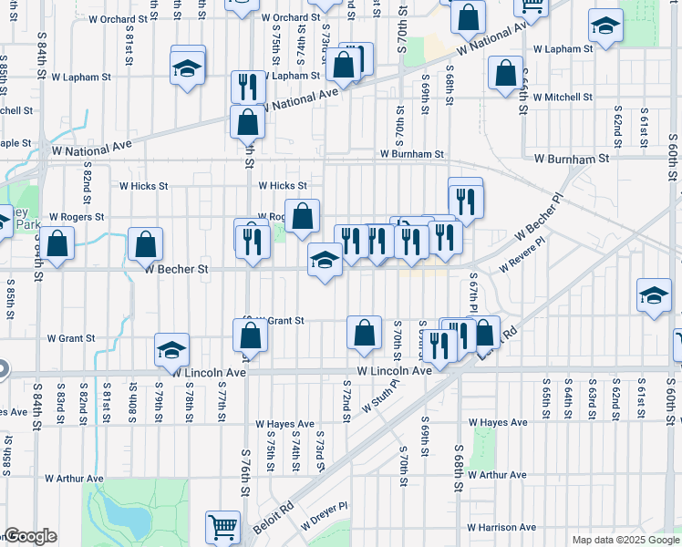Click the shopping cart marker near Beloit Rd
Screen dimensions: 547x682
pos(223,526)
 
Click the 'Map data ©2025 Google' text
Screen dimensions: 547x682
pos(625,540)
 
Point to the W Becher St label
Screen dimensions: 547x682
pos(177,269)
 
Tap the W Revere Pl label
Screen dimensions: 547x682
pos(522,256)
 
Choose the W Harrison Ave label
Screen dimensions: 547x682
pos(501,527)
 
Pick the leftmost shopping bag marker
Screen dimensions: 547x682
pos(57,243)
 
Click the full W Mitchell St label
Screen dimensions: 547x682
pos(563,97)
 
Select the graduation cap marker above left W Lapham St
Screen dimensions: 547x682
pos(187,68)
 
